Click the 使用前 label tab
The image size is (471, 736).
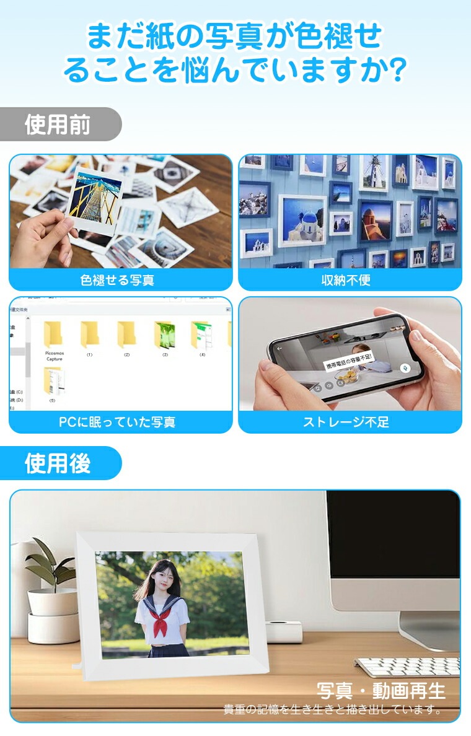(x=58, y=125)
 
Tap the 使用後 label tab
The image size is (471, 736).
(x=58, y=463)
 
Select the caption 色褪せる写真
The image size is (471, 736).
(x=117, y=280)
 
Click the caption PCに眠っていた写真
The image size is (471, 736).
(x=117, y=423)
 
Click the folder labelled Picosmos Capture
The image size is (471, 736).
(x=54, y=335)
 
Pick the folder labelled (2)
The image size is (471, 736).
(x=126, y=335)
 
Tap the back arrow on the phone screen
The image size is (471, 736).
(x=280, y=348)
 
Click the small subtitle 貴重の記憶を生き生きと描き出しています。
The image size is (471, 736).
(x=333, y=709)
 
